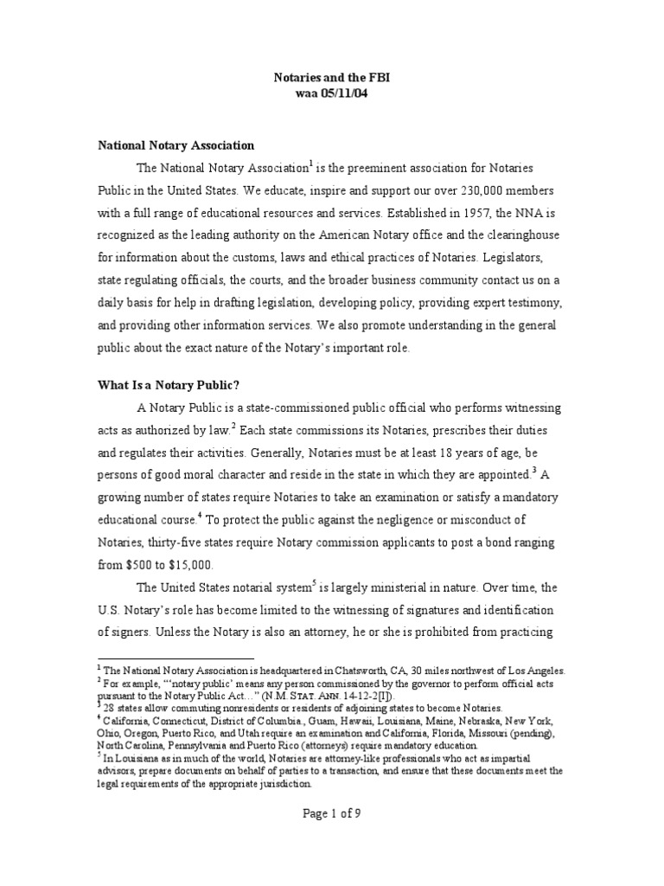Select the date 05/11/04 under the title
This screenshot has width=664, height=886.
345,93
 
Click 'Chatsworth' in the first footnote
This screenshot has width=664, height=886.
355,671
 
